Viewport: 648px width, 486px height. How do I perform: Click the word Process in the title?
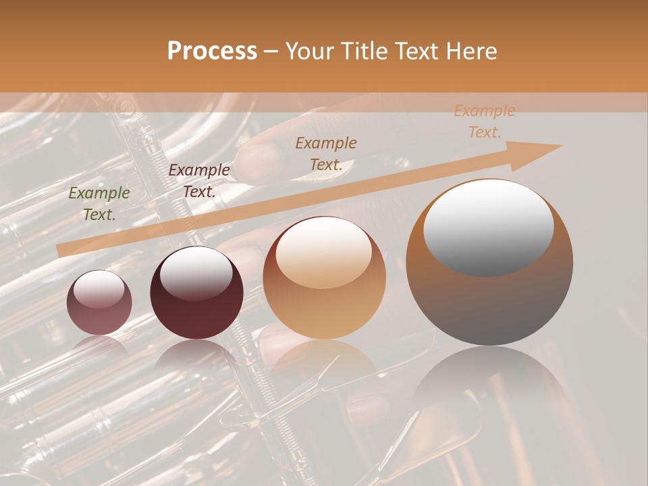pyautogui.click(x=212, y=51)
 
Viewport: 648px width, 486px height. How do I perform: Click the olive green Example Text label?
pyautogui.click(x=99, y=204)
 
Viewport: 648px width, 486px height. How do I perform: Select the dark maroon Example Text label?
pyautogui.click(x=198, y=181)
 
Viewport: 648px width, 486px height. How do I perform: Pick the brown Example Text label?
pyautogui.click(x=326, y=153)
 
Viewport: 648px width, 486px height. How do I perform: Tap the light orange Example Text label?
pyautogui.click(x=484, y=122)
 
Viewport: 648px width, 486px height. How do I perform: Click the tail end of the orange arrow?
pyautogui.click(x=59, y=250)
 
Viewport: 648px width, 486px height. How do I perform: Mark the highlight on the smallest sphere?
pyautogui.click(x=99, y=289)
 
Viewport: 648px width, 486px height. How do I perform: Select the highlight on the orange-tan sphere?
pyautogui.click(x=323, y=253)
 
